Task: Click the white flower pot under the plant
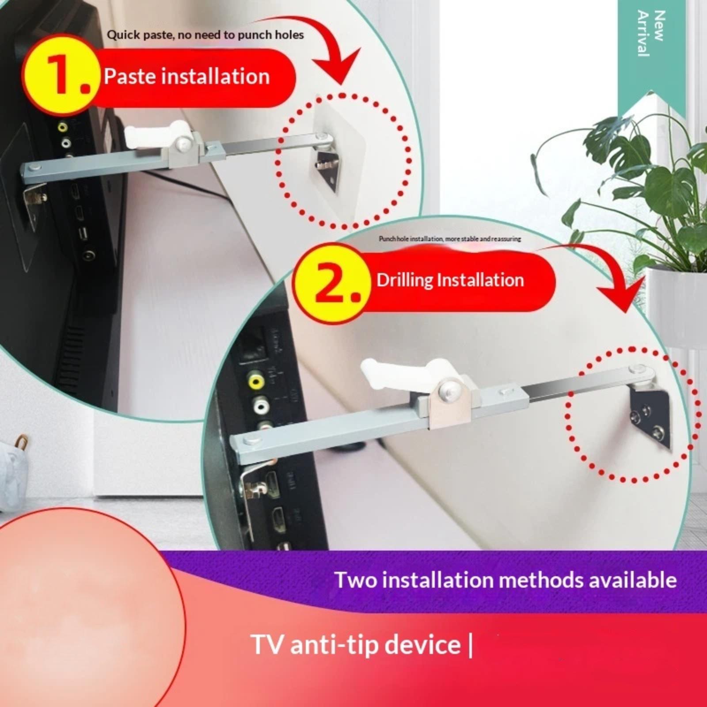point(676,309)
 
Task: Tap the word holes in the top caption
point(289,35)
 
